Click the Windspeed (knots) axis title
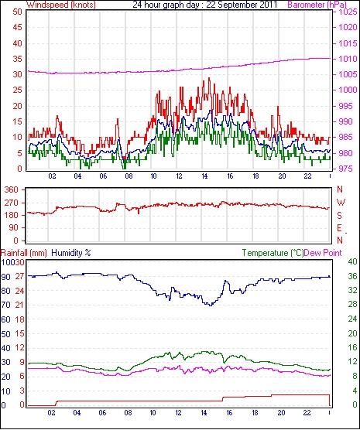click(x=61, y=5)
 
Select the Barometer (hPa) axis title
click(x=317, y=5)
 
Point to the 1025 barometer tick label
click(x=348, y=12)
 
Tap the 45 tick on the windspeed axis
click(x=17, y=27)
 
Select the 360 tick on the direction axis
click(x=12, y=189)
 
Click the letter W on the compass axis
click(x=341, y=203)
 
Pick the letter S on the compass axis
click(x=340, y=216)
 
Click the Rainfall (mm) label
click(x=24, y=253)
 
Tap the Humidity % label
click(x=71, y=253)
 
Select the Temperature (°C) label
click(x=273, y=253)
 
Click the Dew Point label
click(x=323, y=253)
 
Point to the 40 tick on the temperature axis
click(x=352, y=261)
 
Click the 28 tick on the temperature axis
click(x=352, y=304)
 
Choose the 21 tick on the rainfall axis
click(x=19, y=305)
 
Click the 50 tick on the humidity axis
click(x=5, y=334)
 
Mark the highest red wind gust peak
click(x=209, y=78)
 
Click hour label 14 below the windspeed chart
click(x=204, y=176)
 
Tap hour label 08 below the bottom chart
click(x=128, y=413)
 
